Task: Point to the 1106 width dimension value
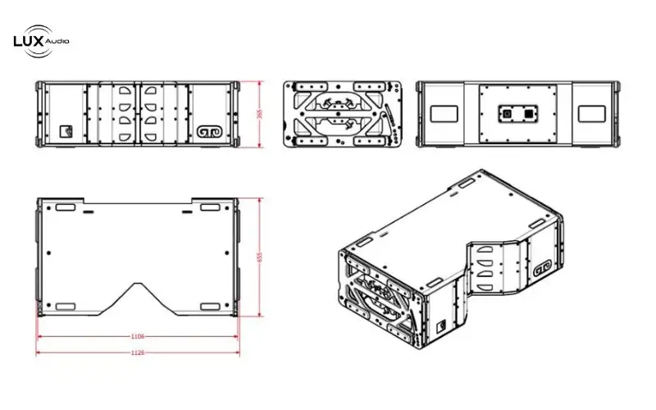pyautogui.click(x=138, y=336)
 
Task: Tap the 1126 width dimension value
pyautogui.click(x=138, y=353)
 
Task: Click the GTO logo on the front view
pyautogui.click(x=208, y=130)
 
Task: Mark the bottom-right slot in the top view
pyautogui.click(x=210, y=307)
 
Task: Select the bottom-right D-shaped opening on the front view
pyautogui.click(x=152, y=134)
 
